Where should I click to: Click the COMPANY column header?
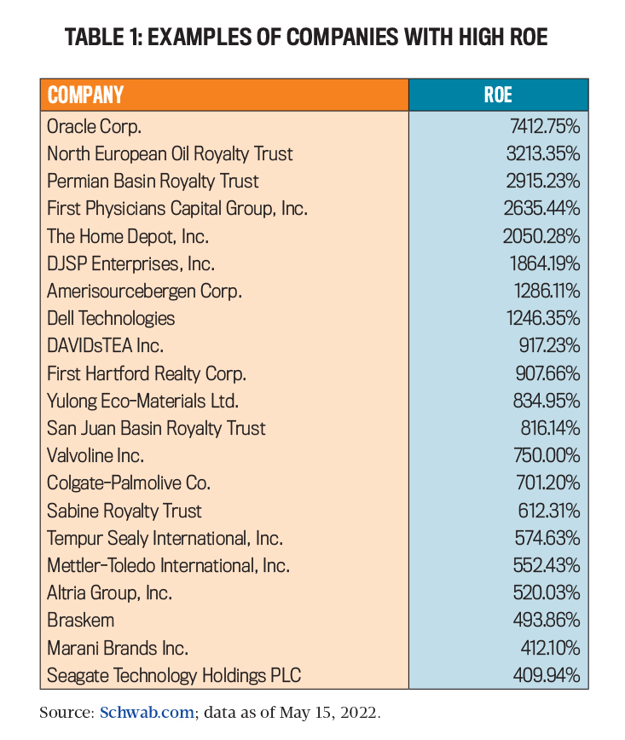[85, 95]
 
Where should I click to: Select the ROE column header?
[498, 95]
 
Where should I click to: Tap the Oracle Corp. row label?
[94, 126]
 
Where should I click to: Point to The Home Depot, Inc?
[128, 236]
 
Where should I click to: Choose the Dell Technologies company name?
[111, 318]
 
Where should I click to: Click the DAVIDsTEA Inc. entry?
[105, 346]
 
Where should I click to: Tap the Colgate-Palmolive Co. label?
[129, 483]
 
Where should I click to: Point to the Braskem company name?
[80, 620]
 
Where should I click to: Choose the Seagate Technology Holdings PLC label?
[174, 676]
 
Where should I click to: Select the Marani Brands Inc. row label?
[118, 648]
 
